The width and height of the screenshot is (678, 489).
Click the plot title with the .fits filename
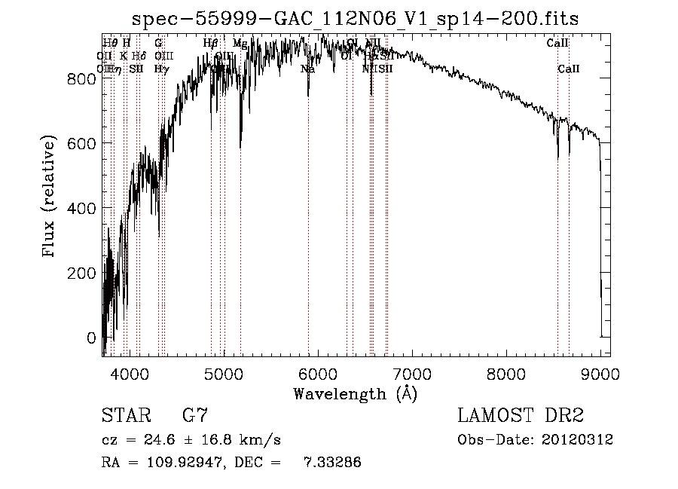point(356,19)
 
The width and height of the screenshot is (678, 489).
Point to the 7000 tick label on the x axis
point(412,374)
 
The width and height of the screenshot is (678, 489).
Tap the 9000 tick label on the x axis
point(600,374)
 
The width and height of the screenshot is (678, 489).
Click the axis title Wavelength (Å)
point(355,393)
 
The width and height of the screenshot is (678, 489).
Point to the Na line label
point(307,69)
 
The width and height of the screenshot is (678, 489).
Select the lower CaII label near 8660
point(569,69)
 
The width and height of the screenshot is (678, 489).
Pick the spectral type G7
point(195,416)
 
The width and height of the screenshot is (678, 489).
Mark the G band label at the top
point(158,44)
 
